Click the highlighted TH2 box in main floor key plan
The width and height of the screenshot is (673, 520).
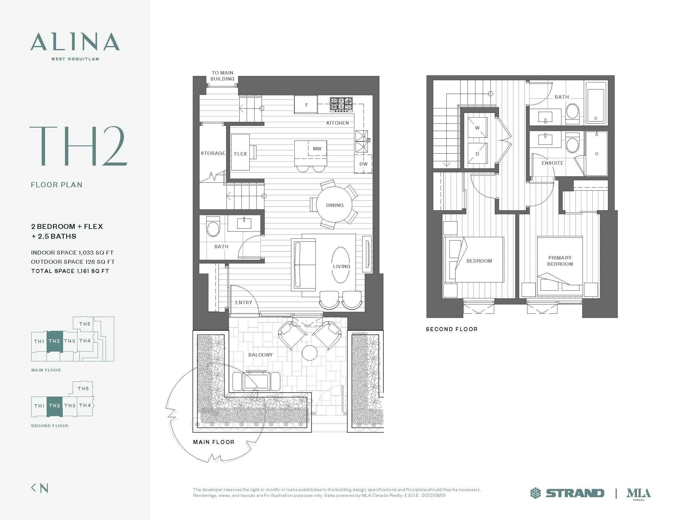coord(55,341)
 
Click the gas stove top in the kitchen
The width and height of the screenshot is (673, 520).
coord(341,104)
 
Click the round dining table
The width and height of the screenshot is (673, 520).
coord(334,205)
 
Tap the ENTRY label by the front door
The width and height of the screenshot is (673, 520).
coord(243,302)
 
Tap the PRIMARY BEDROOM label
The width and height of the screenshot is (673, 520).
coord(560,261)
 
